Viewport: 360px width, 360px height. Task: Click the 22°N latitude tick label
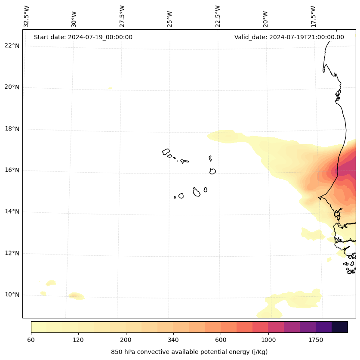pyautogui.click(x=12, y=46)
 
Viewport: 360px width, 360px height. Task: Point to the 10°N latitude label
pyautogui.click(x=12, y=295)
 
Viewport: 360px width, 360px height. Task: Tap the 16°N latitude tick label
pyautogui.click(x=12, y=170)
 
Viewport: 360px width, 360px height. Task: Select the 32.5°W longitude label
pyautogui.click(x=27, y=16)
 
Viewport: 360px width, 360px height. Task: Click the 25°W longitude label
pyautogui.click(x=170, y=18)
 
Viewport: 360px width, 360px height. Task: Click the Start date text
pyautogui.click(x=83, y=37)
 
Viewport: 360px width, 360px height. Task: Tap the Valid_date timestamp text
pyautogui.click(x=289, y=37)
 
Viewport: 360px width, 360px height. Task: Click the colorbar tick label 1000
pyautogui.click(x=268, y=340)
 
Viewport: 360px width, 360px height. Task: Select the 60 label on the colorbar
pyautogui.click(x=31, y=340)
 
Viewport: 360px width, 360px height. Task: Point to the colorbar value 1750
pyautogui.click(x=316, y=340)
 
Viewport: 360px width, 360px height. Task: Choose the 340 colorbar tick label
pyautogui.click(x=173, y=340)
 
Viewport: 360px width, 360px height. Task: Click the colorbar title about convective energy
pyautogui.click(x=189, y=352)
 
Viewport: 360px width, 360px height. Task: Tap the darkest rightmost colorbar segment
pyautogui.click(x=339, y=327)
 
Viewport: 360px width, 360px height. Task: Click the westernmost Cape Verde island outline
pyautogui.click(x=166, y=152)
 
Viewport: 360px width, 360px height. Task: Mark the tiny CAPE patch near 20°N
pyautogui.click(x=111, y=88)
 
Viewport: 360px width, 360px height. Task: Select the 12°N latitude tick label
pyautogui.click(x=12, y=253)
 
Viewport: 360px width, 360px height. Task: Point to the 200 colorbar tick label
pyautogui.click(x=126, y=340)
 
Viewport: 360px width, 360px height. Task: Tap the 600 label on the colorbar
pyautogui.click(x=221, y=340)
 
